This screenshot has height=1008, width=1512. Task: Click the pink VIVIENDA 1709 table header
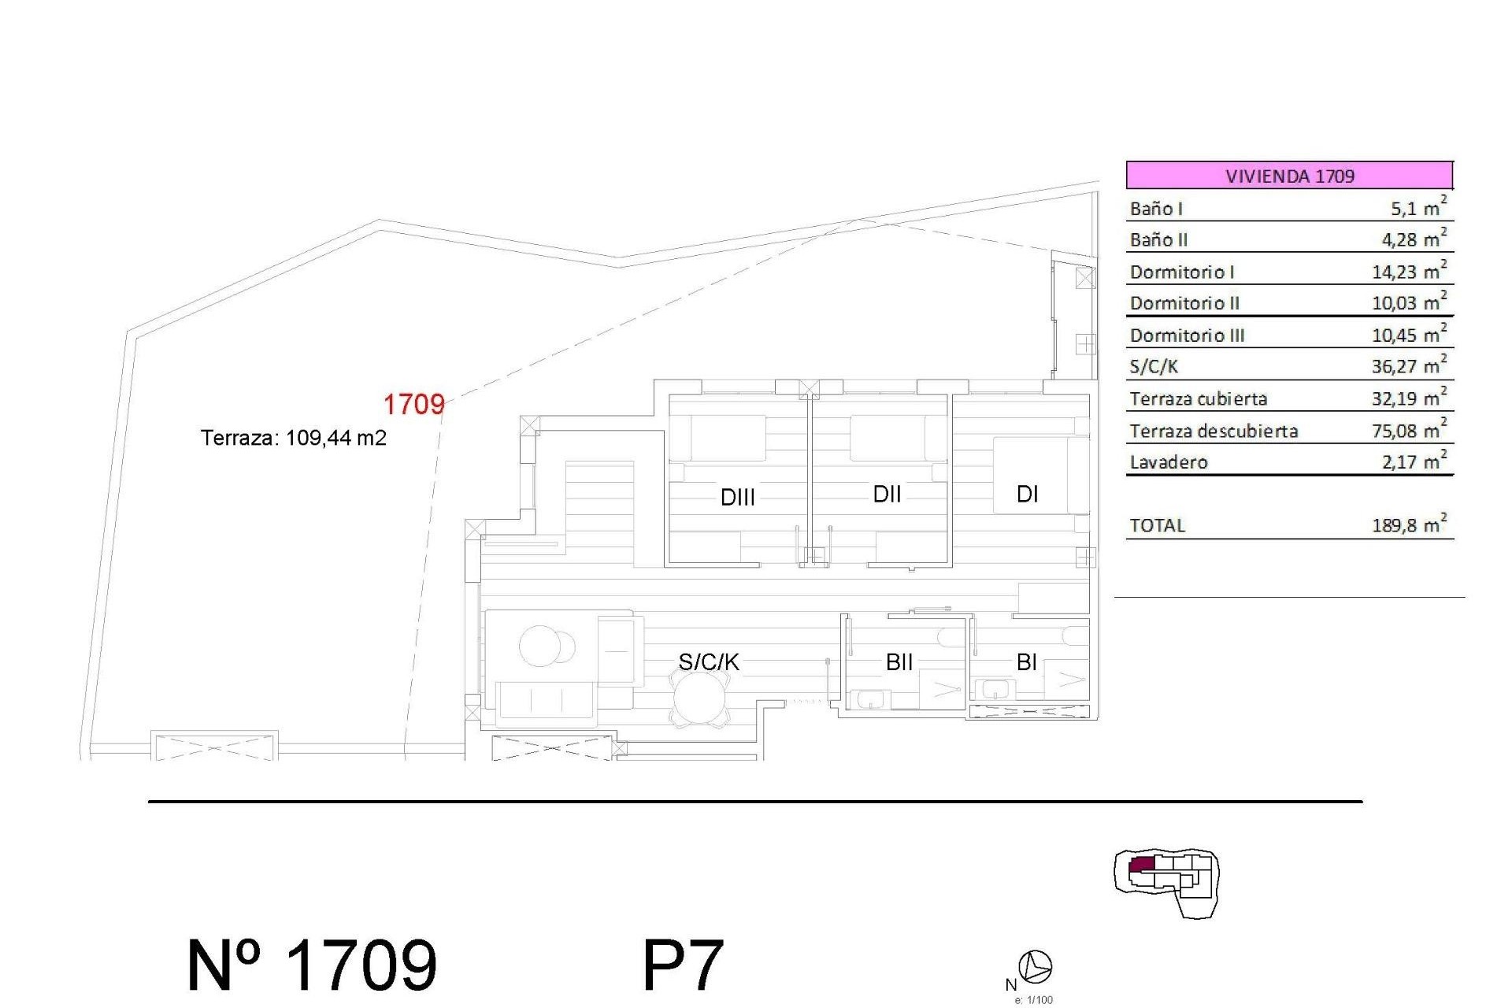click(x=1289, y=175)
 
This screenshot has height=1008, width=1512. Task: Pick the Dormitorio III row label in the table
click(x=1187, y=335)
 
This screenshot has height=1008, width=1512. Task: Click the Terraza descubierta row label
click(x=1214, y=431)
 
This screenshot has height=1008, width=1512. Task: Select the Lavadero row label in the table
click(x=1169, y=462)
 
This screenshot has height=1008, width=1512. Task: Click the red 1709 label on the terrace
click(x=413, y=405)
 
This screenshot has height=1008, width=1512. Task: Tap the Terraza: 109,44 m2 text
click(x=294, y=438)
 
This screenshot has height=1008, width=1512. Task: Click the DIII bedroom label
click(x=738, y=498)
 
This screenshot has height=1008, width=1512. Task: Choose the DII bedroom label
click(x=887, y=495)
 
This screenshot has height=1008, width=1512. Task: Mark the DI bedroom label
click(x=1027, y=495)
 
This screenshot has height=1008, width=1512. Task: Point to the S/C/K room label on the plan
click(x=709, y=662)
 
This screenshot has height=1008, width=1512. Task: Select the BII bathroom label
click(x=899, y=662)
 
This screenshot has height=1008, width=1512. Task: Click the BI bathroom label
click(x=1026, y=662)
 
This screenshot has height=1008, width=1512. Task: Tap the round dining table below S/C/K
click(x=699, y=700)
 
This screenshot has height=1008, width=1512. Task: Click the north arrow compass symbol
click(x=1036, y=966)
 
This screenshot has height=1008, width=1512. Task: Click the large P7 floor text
click(x=683, y=965)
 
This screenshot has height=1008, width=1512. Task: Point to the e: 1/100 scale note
click(x=1033, y=1000)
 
